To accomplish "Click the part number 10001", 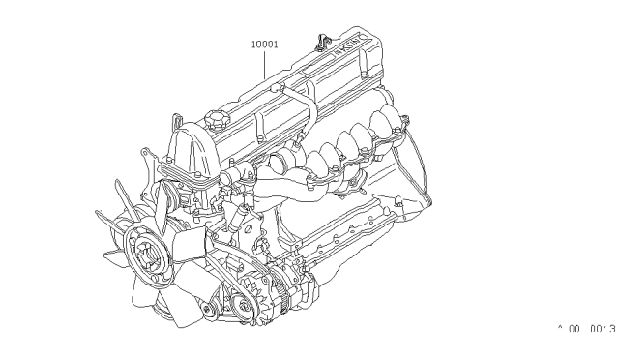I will [266, 43].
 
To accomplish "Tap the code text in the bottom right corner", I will [586, 329].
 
